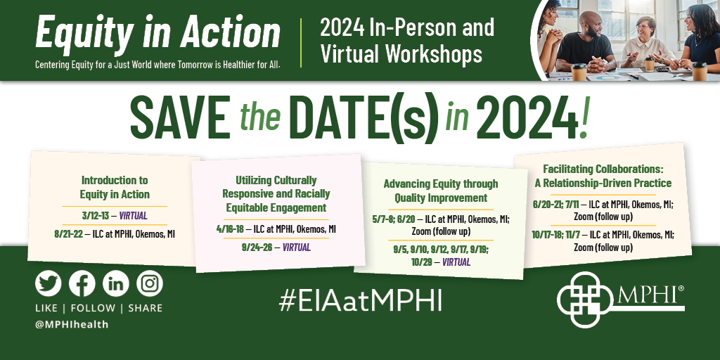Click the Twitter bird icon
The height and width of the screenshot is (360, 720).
pos(49,283)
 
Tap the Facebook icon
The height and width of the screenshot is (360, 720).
pos(82,283)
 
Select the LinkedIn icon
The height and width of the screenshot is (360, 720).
pos(116,283)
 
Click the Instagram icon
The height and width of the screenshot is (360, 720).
pos(150,283)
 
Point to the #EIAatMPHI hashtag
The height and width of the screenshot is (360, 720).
pos(360,299)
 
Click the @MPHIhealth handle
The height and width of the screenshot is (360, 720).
pos(72,324)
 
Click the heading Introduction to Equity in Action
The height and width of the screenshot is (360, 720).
pos(115,187)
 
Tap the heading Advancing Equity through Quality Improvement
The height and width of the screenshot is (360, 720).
pos(440,191)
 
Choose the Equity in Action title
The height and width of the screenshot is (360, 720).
pos(157,32)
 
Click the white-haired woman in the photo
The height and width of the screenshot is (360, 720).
pos(643,39)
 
